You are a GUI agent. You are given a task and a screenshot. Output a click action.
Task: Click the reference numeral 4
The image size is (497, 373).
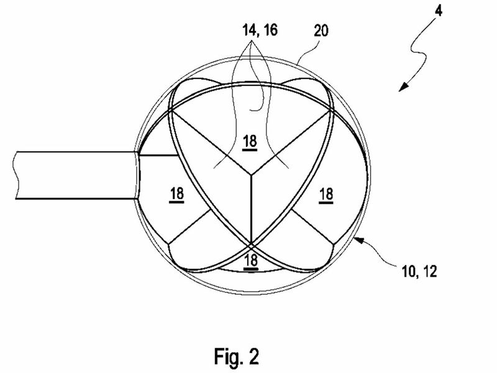coord(439,11)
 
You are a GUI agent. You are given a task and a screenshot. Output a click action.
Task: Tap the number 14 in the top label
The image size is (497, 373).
coord(249,30)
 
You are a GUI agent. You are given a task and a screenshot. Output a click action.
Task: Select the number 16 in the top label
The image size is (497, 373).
coord(270,30)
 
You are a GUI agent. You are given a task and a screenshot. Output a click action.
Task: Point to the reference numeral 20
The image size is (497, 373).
coord(321,30)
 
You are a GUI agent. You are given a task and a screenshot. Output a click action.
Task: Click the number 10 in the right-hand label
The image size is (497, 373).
coord(409,272)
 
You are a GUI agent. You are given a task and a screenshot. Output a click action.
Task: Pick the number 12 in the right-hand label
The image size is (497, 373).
coord(430,272)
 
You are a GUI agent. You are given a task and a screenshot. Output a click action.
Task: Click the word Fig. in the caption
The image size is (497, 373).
coord(226,356)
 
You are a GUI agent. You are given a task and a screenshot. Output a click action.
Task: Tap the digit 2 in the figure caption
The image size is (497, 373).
coord(253,356)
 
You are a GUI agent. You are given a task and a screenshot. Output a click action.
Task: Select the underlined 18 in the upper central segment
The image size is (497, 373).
coord(250,142)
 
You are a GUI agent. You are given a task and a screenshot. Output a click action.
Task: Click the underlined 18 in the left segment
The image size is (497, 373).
coord(176,194)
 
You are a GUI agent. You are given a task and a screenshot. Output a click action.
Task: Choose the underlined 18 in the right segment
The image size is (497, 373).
coord(326,194)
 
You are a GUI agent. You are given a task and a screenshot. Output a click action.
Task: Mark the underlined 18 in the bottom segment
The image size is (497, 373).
coord(251,261)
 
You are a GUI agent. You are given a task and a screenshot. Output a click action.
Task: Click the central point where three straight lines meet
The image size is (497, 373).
coord(251,174)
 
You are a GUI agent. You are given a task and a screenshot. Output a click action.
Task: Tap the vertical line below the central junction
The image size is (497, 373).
coord(251,210)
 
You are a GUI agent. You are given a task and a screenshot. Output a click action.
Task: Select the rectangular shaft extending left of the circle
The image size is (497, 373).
coord(76,175)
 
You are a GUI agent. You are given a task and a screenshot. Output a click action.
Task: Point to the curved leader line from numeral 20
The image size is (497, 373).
coord(306,52)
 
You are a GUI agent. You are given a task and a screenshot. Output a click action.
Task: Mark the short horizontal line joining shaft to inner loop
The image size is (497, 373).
coord(158,155)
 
